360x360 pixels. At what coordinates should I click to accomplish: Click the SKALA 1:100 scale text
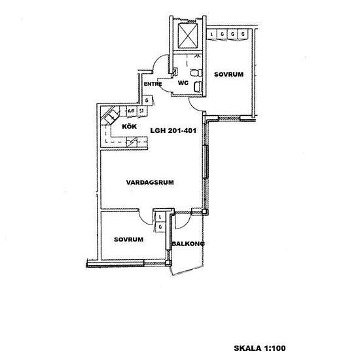click(261, 348)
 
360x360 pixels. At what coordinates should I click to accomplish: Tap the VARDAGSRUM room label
click(150, 184)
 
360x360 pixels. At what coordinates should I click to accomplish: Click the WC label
click(184, 83)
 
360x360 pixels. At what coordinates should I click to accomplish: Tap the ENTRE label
click(153, 84)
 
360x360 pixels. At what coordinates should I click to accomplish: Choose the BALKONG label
click(188, 244)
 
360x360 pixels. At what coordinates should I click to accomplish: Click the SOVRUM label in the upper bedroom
click(228, 75)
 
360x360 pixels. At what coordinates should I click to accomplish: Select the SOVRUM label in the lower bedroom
click(128, 240)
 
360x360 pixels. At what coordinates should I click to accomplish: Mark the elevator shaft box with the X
click(189, 35)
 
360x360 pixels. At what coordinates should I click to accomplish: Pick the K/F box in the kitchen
click(130, 111)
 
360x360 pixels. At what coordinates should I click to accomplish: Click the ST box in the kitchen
click(141, 111)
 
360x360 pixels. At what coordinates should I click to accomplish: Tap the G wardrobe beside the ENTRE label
click(148, 100)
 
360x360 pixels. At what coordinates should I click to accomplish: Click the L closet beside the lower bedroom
click(160, 215)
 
